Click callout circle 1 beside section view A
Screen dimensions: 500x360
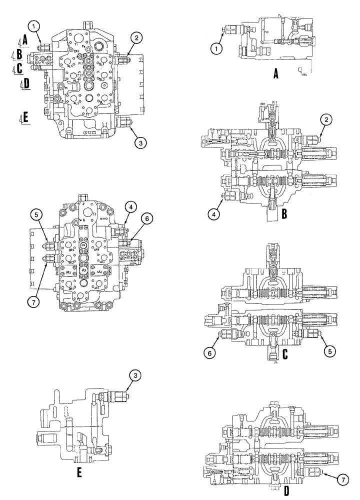pos(215,48)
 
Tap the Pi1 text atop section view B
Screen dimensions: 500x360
pos(273,102)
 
